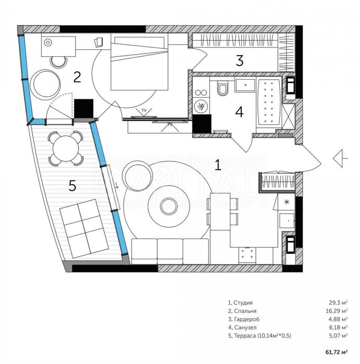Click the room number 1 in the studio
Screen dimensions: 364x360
pos(218,165)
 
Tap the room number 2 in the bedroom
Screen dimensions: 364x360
pos(77,77)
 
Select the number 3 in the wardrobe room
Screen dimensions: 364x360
pos(239,60)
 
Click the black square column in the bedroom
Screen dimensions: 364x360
pos(83,108)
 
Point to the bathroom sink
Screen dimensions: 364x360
pos(243,84)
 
